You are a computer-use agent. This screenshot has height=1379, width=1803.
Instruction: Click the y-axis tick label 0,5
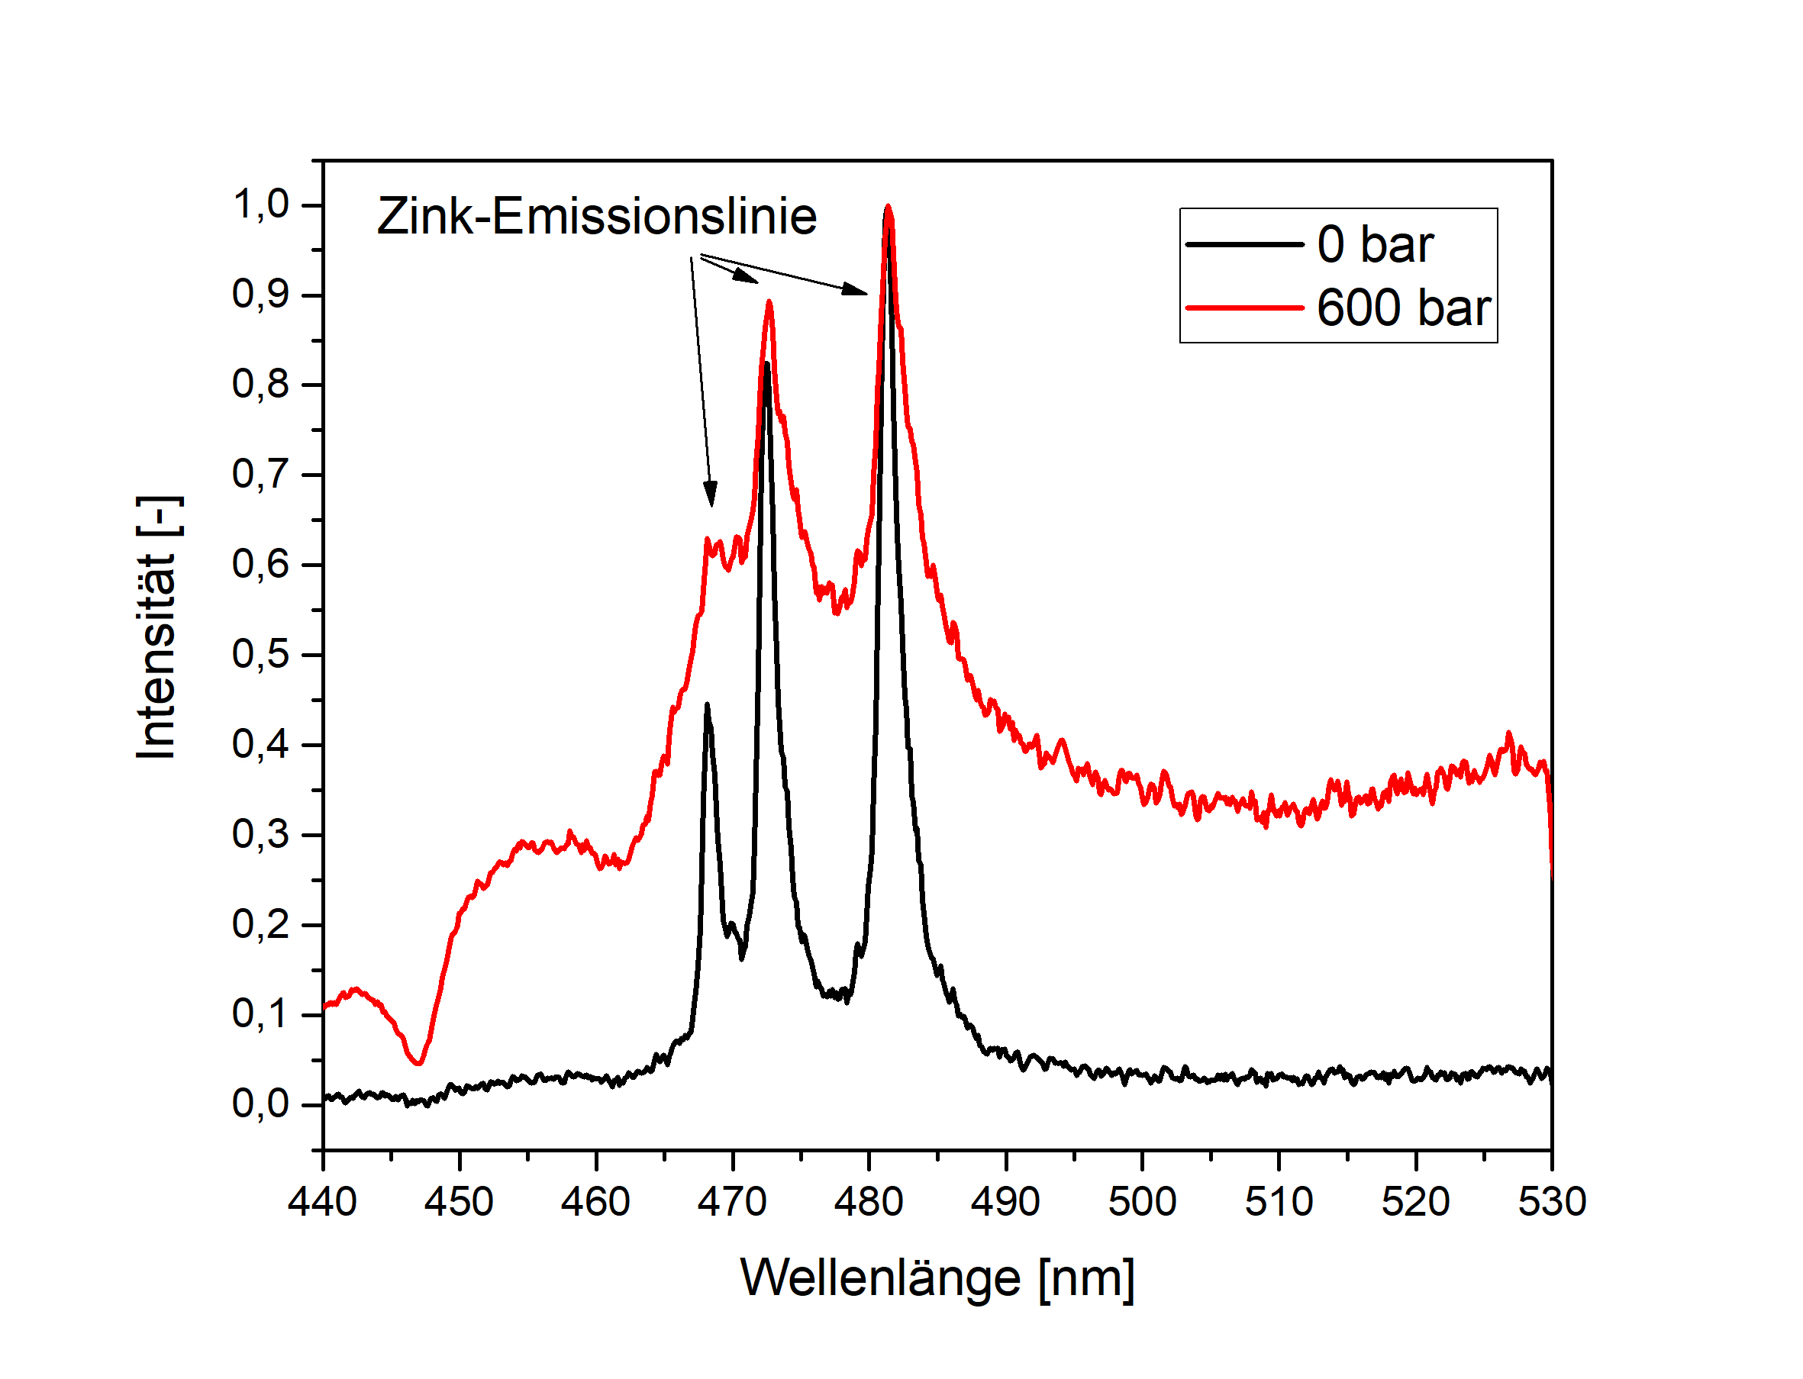(x=261, y=655)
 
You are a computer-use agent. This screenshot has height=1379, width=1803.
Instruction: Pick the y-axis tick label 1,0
(x=261, y=205)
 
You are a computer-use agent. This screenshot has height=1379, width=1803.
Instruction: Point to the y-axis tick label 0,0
(x=261, y=1105)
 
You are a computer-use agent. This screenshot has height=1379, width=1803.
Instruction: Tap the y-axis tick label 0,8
(x=261, y=385)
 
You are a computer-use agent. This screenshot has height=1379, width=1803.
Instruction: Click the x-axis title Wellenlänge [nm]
(x=937, y=1279)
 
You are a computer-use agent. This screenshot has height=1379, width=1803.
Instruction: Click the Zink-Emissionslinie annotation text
(x=597, y=217)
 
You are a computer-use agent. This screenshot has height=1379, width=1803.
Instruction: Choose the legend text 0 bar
(x=1376, y=245)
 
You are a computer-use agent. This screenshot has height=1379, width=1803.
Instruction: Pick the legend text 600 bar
(x=1403, y=308)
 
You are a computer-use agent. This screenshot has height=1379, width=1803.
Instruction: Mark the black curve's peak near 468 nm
(x=706, y=705)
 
